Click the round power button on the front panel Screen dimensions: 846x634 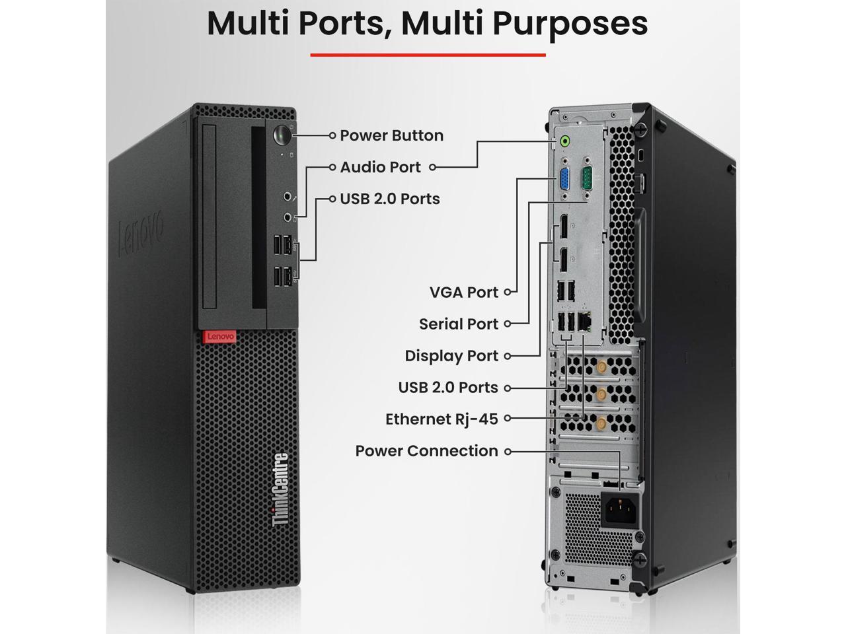282,135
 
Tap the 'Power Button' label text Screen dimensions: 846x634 391,135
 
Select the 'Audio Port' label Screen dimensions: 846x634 380,167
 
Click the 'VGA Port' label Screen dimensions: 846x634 463,292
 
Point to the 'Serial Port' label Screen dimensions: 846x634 458,324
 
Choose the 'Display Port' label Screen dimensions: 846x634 451,356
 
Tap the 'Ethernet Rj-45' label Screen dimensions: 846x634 442,419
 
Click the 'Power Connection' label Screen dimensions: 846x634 426,451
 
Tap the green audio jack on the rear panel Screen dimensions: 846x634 564,141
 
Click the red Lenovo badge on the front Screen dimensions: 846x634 219,337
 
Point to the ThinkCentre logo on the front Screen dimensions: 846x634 280,489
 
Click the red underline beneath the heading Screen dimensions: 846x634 428,55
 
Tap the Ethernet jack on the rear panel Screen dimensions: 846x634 585,322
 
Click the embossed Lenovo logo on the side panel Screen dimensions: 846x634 140,234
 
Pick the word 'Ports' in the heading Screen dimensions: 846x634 340,22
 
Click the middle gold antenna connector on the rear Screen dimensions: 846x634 601,395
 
